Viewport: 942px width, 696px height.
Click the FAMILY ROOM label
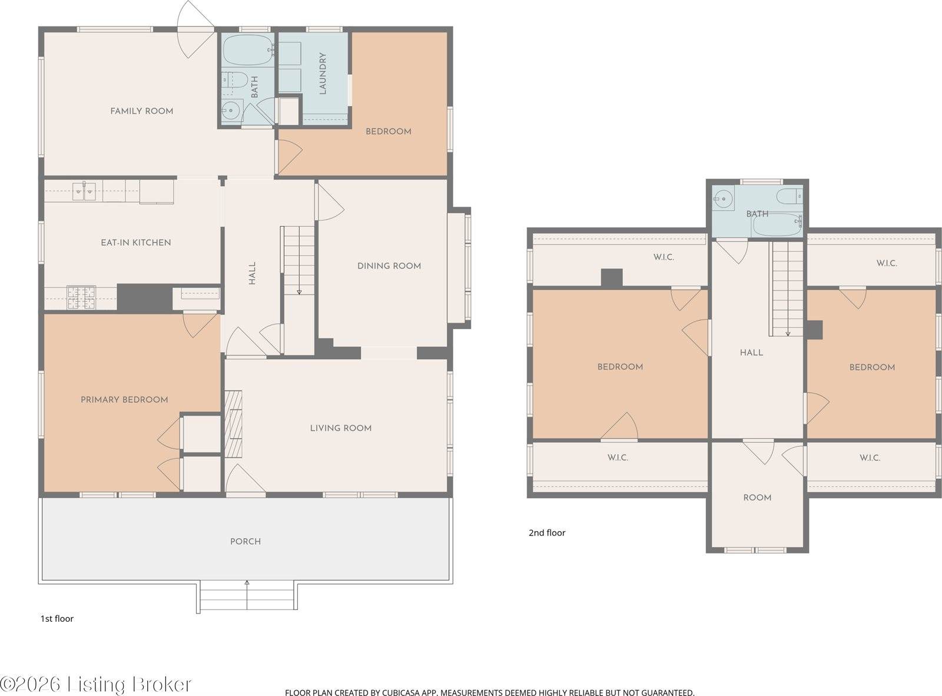(141, 111)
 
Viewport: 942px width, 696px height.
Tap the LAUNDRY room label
(323, 74)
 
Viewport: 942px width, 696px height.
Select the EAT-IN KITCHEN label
(135, 242)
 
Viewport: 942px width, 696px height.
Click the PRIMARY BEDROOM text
(124, 399)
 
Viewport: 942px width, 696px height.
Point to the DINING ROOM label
(389, 266)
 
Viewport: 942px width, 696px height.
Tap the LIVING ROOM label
(340, 428)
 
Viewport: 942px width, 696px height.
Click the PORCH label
(245, 541)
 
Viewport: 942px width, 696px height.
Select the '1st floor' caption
(57, 618)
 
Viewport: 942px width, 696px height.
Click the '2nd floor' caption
(546, 532)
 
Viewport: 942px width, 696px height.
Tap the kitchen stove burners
(81, 297)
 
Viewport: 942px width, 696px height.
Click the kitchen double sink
(84, 190)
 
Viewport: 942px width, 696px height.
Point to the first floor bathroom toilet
(234, 81)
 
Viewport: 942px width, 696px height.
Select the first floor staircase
(298, 259)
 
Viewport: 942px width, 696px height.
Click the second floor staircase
(787, 289)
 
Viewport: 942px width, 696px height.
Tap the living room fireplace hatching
(233, 423)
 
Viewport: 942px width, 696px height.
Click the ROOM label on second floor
(757, 498)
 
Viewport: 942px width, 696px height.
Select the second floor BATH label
(757, 214)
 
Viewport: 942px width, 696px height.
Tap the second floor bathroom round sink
(722, 199)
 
